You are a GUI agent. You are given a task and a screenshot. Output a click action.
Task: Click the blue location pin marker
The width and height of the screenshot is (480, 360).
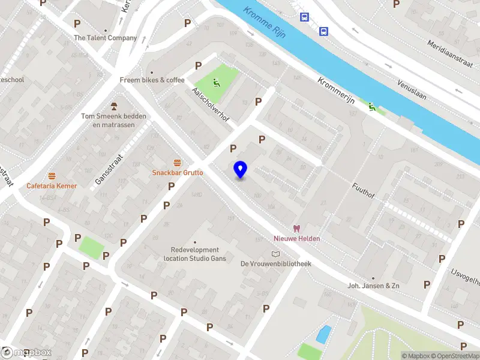(240, 170)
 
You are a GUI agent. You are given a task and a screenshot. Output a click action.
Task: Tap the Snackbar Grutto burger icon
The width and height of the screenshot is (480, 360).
(177, 163)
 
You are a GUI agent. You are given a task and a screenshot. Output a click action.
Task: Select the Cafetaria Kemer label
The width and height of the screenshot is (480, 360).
(52, 186)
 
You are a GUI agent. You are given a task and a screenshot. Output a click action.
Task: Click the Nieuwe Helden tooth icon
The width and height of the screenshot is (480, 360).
(296, 228)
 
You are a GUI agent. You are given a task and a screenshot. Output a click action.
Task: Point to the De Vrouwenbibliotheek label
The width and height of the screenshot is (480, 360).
(275, 263)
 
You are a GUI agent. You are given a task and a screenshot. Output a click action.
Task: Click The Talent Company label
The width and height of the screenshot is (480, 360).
(105, 38)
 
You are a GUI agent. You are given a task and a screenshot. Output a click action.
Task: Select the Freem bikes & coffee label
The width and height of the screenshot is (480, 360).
(152, 80)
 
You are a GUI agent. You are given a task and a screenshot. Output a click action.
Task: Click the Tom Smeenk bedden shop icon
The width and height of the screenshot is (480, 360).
(113, 106)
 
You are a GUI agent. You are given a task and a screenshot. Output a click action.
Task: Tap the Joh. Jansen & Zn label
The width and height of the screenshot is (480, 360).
(373, 286)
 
